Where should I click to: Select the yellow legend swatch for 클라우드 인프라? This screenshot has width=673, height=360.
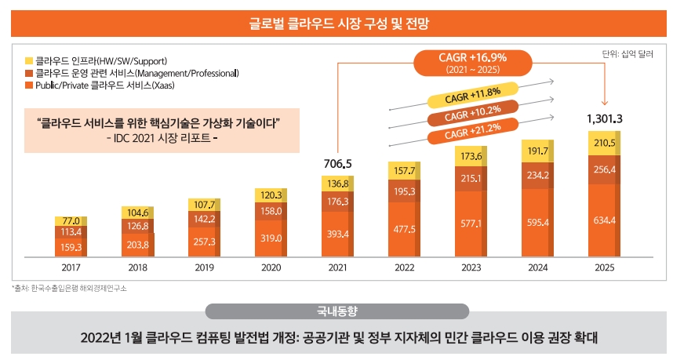click(x=29, y=60)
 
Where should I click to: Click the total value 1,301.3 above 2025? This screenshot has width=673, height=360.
click(x=604, y=118)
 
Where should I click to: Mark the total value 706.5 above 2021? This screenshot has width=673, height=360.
click(x=337, y=163)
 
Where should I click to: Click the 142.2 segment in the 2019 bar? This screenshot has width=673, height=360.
click(x=204, y=219)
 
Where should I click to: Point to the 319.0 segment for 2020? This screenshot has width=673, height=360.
click(x=271, y=238)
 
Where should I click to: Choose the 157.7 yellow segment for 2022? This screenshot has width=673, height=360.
click(x=404, y=171)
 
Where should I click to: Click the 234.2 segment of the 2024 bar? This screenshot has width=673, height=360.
click(x=537, y=175)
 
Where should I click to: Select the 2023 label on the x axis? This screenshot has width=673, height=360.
click(x=471, y=268)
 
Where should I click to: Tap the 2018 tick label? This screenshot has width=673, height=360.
click(x=137, y=268)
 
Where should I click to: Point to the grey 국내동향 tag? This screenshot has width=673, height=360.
click(x=336, y=311)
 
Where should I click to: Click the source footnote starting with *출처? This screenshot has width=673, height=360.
click(x=69, y=289)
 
